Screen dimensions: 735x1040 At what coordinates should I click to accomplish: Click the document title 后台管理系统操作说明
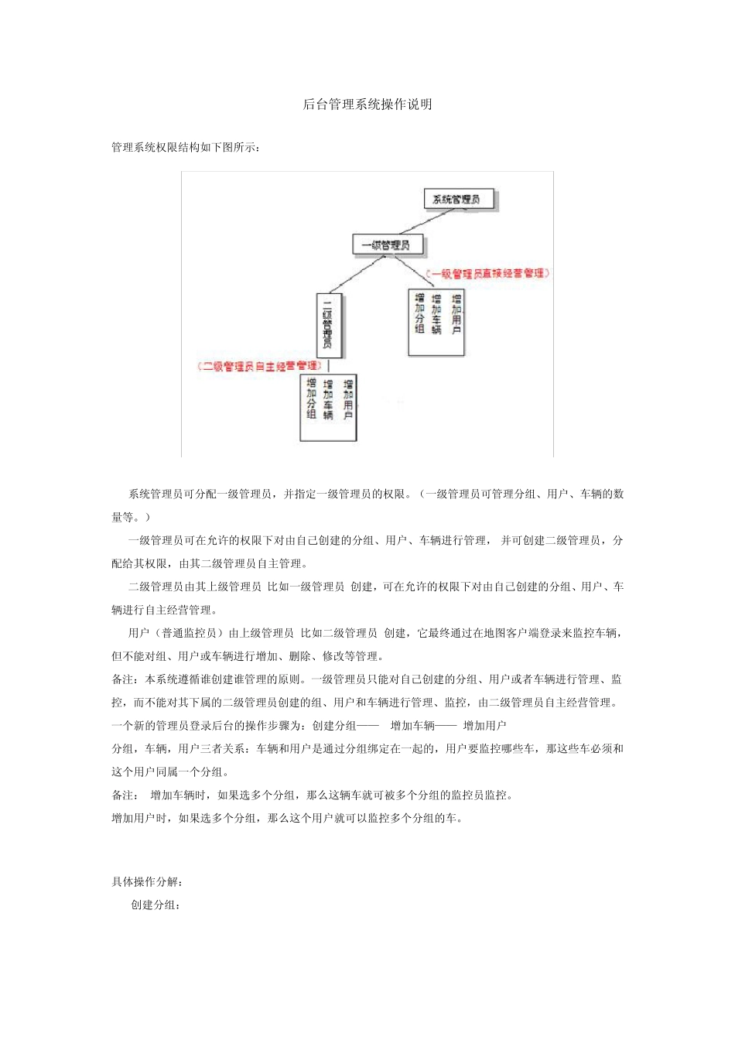tap(367, 104)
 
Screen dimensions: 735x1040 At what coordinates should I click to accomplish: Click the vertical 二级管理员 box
tap(328, 325)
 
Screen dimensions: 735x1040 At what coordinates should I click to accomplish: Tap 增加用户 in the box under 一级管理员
tap(456, 314)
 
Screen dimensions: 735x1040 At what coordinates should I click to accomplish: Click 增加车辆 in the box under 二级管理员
tap(328, 399)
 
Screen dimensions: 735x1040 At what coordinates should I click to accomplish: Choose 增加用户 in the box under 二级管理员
tap(348, 399)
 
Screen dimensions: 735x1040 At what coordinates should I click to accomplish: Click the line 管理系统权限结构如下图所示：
tap(186, 148)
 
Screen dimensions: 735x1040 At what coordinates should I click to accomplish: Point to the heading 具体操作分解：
tap(147, 882)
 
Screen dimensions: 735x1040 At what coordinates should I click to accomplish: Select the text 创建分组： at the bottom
tap(156, 905)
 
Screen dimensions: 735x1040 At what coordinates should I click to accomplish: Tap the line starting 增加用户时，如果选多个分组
tap(287, 818)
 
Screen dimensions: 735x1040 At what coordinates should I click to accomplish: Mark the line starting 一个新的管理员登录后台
tap(309, 726)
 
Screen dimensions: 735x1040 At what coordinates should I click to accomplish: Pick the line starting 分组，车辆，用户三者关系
tap(367, 749)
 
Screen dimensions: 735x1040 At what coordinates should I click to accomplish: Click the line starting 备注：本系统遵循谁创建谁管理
tap(367, 679)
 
